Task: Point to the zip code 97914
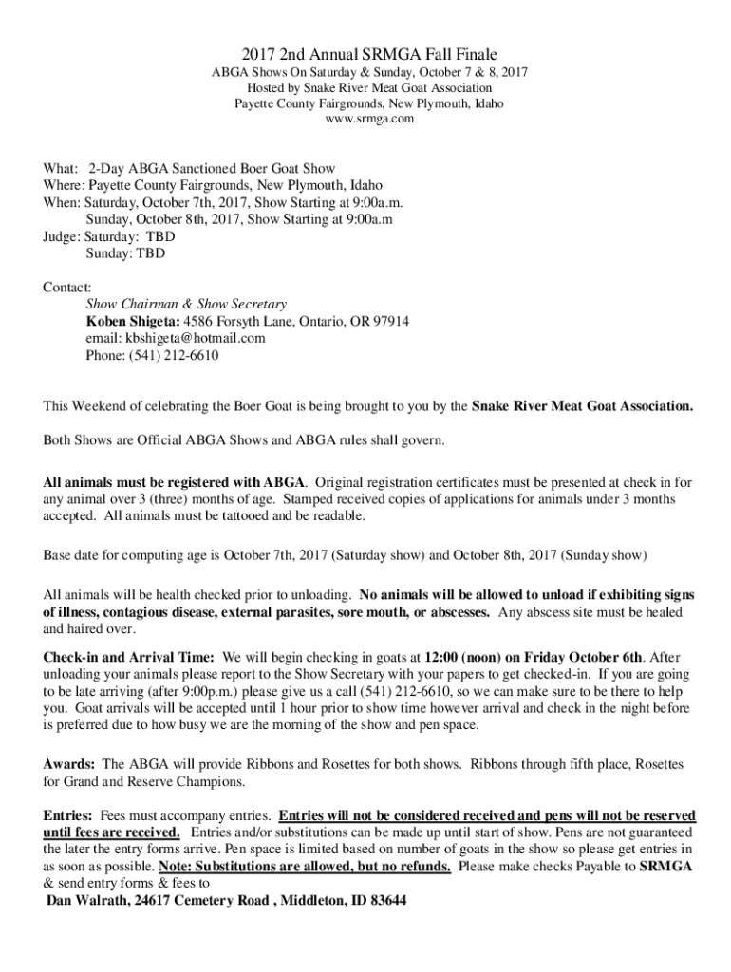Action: tap(389, 322)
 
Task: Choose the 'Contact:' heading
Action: tap(67, 287)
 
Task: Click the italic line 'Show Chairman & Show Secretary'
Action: tap(186, 305)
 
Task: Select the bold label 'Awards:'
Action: tap(69, 764)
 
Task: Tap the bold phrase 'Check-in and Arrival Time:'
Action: tap(129, 657)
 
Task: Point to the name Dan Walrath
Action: tap(88, 901)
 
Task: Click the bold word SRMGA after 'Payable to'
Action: tap(665, 868)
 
